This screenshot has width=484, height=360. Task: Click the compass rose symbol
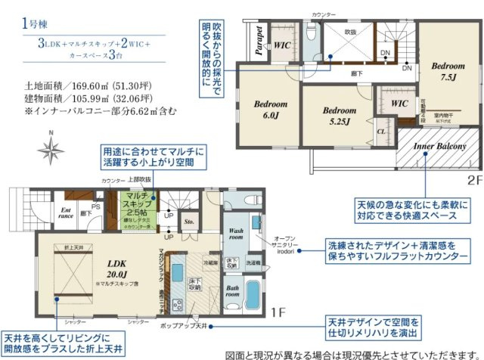click(x=51, y=149)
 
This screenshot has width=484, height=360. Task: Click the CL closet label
click(x=381, y=130)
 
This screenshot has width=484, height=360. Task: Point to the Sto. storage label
click(x=190, y=222)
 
